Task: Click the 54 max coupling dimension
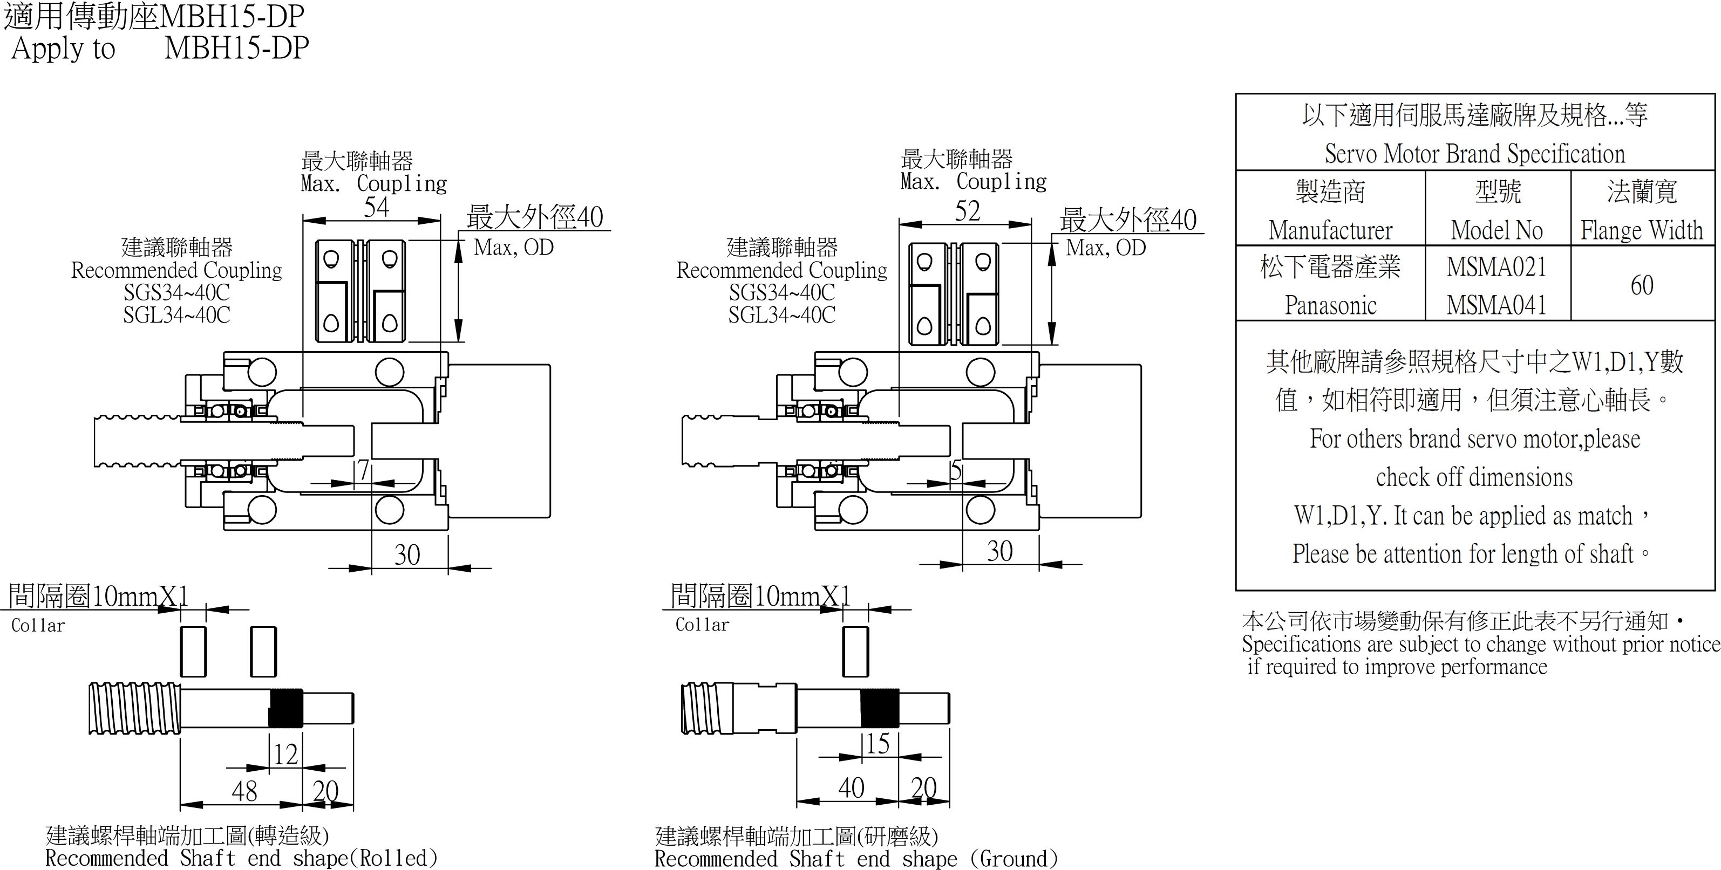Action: pos(376,208)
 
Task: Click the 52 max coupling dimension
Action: pos(968,211)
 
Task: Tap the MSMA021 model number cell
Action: pos(1496,267)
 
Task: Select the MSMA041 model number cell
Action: pos(1496,305)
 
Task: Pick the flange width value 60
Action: pos(1642,286)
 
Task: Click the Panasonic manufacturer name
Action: pos(1330,305)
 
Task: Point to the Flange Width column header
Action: pos(1642,230)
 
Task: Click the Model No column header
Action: pos(1496,230)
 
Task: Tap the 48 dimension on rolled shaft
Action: pos(244,791)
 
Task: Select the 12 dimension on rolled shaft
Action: pos(286,755)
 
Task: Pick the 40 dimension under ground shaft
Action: pos(851,788)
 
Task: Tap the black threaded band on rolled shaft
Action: pos(286,708)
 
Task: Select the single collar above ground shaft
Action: pos(856,652)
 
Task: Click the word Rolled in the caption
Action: pos(393,858)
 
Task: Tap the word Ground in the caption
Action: pos(1013,859)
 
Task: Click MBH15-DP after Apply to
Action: pos(236,48)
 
